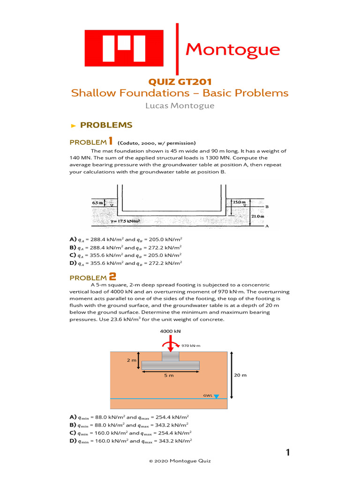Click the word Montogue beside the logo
tap(232, 49)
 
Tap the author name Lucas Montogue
tap(180, 105)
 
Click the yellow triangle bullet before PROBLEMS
tap(73, 125)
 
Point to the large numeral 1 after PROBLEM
tap(111, 141)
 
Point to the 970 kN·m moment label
tap(191, 345)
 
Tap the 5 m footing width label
tap(169, 375)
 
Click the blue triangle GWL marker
tap(216, 396)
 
